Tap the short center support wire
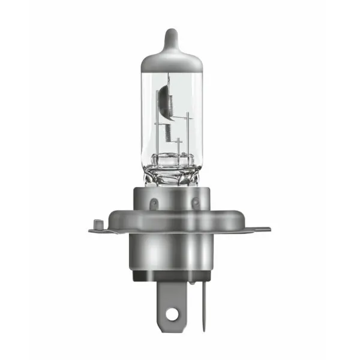(179, 147)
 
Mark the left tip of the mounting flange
(91, 229)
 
